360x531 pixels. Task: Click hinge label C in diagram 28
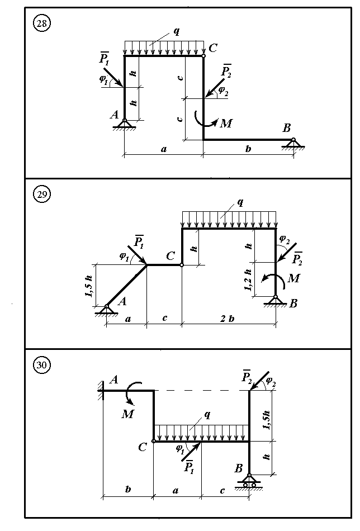click(213, 48)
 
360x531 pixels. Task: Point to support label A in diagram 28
click(115, 115)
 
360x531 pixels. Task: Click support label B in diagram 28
click(287, 128)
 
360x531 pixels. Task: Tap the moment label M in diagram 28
click(226, 124)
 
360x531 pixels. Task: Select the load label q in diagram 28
click(177, 31)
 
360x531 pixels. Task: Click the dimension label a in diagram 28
click(163, 149)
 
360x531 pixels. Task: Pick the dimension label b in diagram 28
click(248, 149)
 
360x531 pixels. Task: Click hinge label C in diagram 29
click(171, 256)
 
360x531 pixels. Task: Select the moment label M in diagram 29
click(292, 278)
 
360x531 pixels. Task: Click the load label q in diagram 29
click(240, 202)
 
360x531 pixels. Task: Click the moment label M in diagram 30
click(126, 413)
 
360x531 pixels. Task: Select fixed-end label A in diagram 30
click(115, 380)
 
